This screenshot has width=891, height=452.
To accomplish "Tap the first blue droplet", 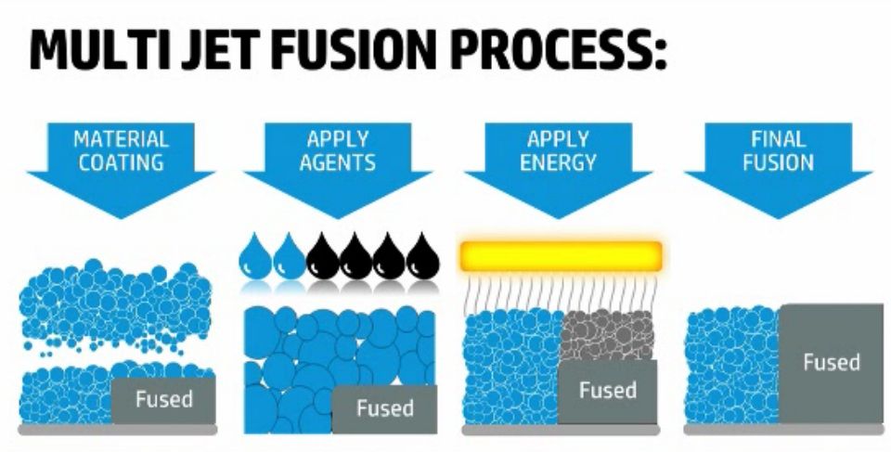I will point(255,257).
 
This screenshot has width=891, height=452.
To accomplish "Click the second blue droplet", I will point(289,257).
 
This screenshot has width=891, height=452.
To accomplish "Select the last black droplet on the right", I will point(422,257).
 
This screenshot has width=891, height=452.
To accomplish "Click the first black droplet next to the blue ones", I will point(322,257).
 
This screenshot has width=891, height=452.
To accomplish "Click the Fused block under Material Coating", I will point(164,400).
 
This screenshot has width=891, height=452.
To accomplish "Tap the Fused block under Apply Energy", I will point(607,391).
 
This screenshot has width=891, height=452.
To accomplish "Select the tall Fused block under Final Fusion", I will point(831,363).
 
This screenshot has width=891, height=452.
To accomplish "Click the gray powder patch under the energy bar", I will point(608,335).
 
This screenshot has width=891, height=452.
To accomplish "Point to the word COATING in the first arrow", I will point(122,162).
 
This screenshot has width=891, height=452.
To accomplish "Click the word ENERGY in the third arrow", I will point(560,162).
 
